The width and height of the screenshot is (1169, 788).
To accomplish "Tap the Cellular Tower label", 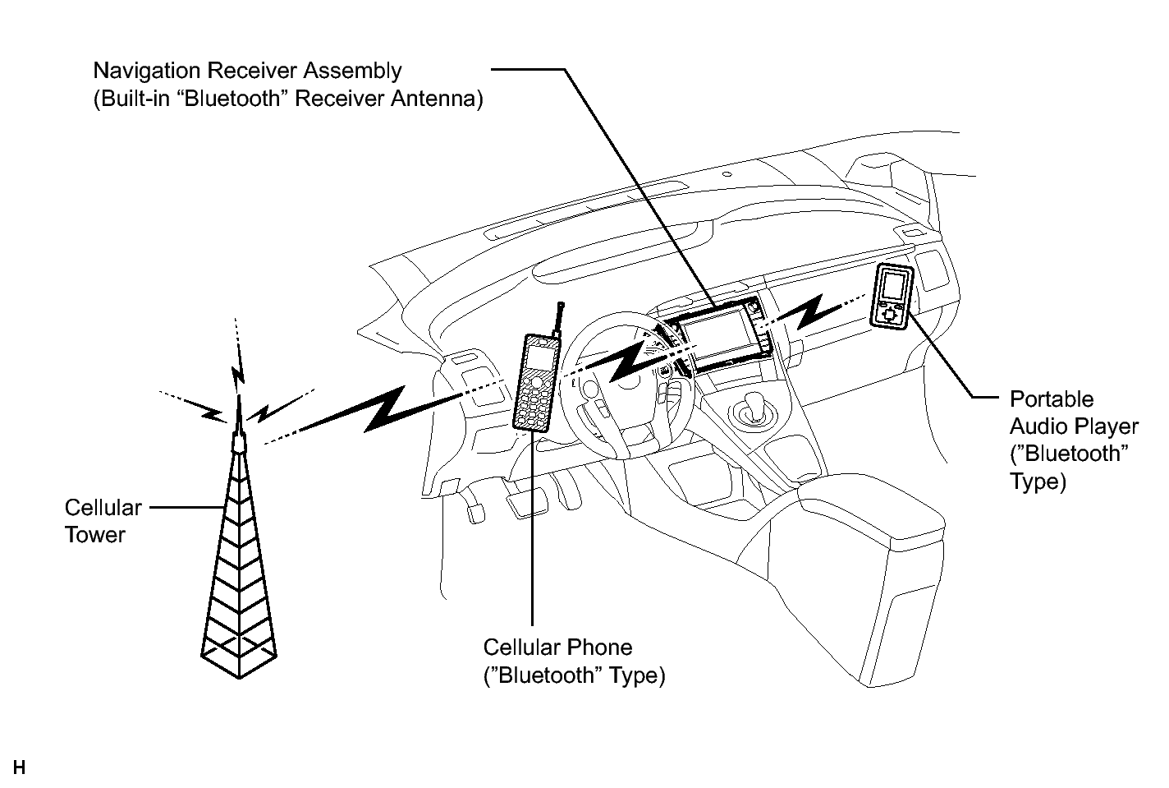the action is pyautogui.click(x=103, y=521).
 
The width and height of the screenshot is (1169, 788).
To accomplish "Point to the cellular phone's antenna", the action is pyautogui.click(x=558, y=319).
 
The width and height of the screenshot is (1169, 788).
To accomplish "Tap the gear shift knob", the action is pyautogui.click(x=752, y=403).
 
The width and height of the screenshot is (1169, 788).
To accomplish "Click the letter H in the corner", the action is pyautogui.click(x=19, y=767).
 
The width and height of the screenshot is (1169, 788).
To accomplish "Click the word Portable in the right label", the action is pyautogui.click(x=1052, y=399).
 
